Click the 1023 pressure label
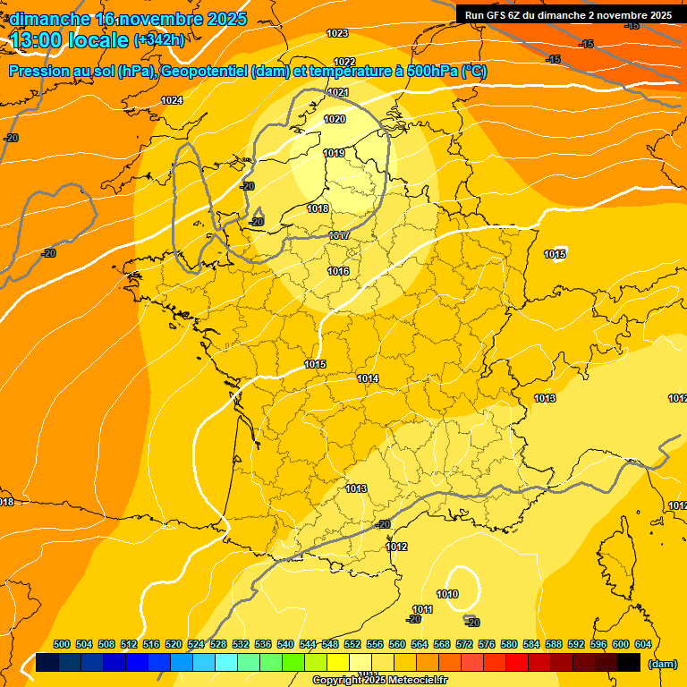[337, 33]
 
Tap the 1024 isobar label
[172, 100]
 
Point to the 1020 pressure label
[335, 119]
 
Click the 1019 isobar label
[334, 153]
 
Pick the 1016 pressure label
[338, 271]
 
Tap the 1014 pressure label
[368, 378]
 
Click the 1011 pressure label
[423, 609]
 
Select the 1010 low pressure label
[447, 594]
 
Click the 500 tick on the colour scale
[62, 644]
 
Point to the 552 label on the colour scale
[352, 644]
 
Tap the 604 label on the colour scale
[643, 644]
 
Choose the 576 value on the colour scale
[487, 644]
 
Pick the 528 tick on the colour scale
[218, 644]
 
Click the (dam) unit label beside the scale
[663, 664]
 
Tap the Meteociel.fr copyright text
[380, 681]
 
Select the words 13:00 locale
[68, 40]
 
